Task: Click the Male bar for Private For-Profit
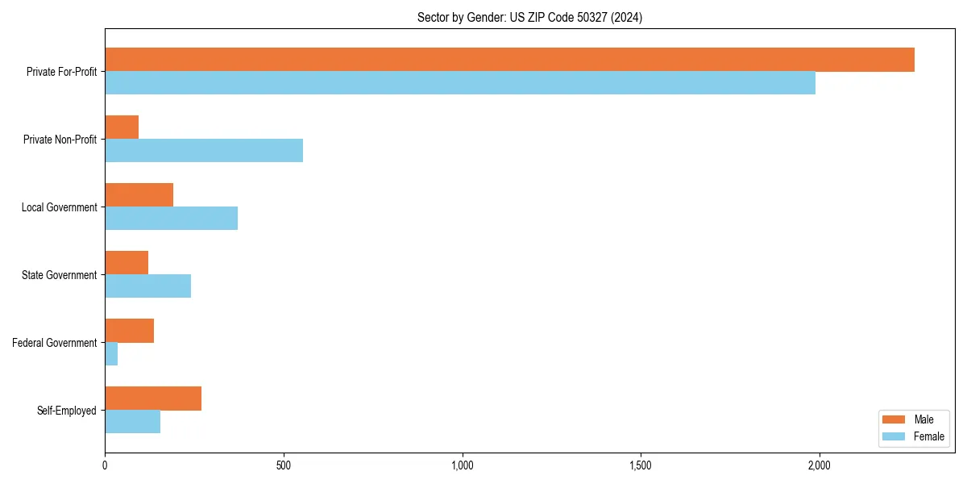click(x=509, y=60)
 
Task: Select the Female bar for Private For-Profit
click(x=460, y=83)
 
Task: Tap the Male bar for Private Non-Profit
click(x=122, y=127)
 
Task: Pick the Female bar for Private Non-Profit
click(x=204, y=151)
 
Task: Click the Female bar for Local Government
click(x=171, y=219)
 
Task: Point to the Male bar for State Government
click(x=127, y=263)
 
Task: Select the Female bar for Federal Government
click(x=111, y=354)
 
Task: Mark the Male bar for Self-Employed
click(x=153, y=398)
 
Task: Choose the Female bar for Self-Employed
click(x=132, y=422)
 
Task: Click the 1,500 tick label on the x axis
click(x=641, y=465)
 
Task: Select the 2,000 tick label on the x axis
click(x=819, y=465)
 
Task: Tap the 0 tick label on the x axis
click(x=105, y=465)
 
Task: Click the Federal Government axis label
click(x=55, y=343)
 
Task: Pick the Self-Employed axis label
click(x=67, y=411)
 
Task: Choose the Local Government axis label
click(x=60, y=207)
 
